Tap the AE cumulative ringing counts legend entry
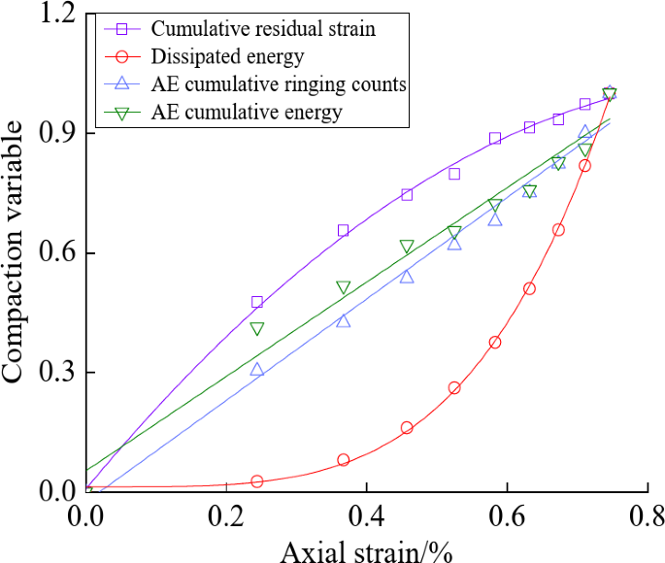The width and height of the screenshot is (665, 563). click(279, 85)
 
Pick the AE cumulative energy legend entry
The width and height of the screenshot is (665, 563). click(247, 113)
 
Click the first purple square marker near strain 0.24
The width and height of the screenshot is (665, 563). click(257, 302)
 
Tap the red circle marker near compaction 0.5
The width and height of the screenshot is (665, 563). click(529, 288)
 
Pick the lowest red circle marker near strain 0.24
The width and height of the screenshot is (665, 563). click(257, 481)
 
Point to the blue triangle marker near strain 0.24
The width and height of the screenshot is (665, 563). click(257, 369)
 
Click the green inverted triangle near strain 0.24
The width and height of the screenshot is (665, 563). click(257, 329)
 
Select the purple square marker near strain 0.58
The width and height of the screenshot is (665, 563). click(495, 139)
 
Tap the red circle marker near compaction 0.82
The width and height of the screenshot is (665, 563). click(584, 166)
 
